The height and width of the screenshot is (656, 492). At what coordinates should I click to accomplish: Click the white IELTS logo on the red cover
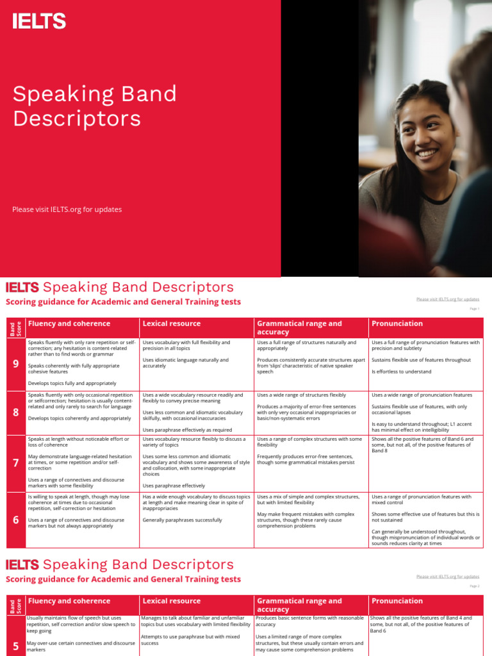pyautogui.click(x=39, y=22)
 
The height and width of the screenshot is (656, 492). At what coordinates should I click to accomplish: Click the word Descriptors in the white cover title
pyautogui.click(x=77, y=119)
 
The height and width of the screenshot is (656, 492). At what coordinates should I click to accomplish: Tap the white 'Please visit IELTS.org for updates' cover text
pyautogui.click(x=67, y=209)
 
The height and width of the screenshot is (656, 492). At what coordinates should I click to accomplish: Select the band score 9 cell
pyautogui.click(x=15, y=364)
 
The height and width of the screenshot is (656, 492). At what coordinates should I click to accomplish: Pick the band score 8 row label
pyautogui.click(x=15, y=412)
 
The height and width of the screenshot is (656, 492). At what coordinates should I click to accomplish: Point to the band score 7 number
pyautogui.click(x=15, y=463)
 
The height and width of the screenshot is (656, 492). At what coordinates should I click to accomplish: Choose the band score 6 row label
pyautogui.click(x=15, y=520)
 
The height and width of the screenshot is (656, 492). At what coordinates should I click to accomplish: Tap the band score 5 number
pyautogui.click(x=15, y=645)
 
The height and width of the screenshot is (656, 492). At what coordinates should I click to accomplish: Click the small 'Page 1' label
pyautogui.click(x=475, y=308)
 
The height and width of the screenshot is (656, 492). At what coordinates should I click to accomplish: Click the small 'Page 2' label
pyautogui.click(x=475, y=586)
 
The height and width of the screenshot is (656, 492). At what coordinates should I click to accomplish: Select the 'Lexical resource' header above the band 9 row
pyautogui.click(x=171, y=324)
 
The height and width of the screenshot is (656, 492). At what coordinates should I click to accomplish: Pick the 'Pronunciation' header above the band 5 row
pyautogui.click(x=397, y=601)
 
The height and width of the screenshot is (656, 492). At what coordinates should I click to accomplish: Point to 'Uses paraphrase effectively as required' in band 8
pyautogui.click(x=187, y=430)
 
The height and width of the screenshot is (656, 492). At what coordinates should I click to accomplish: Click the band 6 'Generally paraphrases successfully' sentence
pyautogui.click(x=183, y=520)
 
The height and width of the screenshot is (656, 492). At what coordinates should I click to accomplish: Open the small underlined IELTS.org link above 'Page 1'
pyautogui.click(x=447, y=299)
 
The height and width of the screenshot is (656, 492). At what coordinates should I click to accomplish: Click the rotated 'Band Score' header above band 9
pyautogui.click(x=15, y=327)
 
